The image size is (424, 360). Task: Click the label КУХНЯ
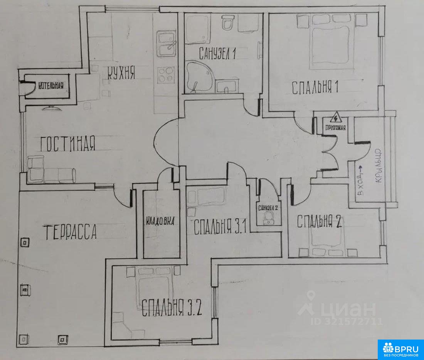click(x=121, y=73)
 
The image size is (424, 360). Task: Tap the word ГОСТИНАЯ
click(x=67, y=144)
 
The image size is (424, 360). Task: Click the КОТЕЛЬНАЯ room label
click(x=51, y=86)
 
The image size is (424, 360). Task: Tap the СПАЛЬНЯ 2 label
click(x=320, y=222)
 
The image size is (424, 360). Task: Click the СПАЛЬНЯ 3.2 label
click(x=172, y=308)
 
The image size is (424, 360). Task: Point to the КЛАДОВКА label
click(x=160, y=221)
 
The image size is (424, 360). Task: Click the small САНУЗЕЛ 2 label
click(x=268, y=208)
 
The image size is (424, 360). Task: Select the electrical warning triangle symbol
click(x=336, y=118)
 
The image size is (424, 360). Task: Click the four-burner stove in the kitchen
click(x=165, y=75)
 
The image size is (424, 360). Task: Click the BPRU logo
click(x=400, y=350)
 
